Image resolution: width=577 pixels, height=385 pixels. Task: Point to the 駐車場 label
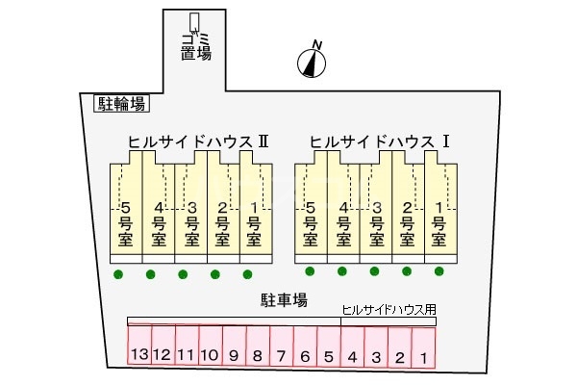[x=285, y=300]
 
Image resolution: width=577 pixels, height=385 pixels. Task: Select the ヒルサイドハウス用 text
[x=389, y=310]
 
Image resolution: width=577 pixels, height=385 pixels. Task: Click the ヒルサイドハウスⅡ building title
[x=198, y=141]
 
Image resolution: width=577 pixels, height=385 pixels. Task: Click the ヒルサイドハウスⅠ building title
[x=381, y=141]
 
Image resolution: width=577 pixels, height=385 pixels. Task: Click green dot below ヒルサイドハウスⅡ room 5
[x=118, y=274]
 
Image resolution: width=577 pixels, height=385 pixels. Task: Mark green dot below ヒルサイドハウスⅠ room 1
[x=439, y=271]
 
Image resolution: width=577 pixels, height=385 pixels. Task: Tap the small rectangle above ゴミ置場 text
[x=194, y=21]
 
